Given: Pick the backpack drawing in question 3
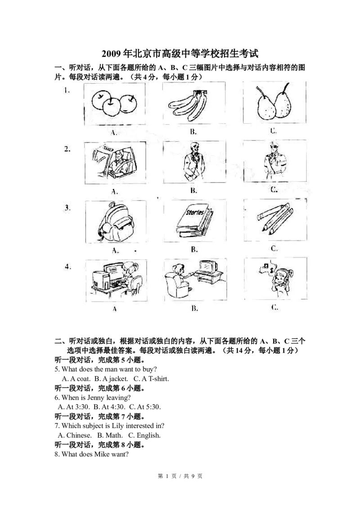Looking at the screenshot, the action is (116, 223).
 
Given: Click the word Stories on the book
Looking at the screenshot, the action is (194, 213).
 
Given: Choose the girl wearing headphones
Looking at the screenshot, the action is (279, 281).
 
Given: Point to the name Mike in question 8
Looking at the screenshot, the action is (102, 454).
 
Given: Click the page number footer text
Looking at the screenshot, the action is (180, 476).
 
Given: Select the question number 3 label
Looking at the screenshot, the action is (67, 208).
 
